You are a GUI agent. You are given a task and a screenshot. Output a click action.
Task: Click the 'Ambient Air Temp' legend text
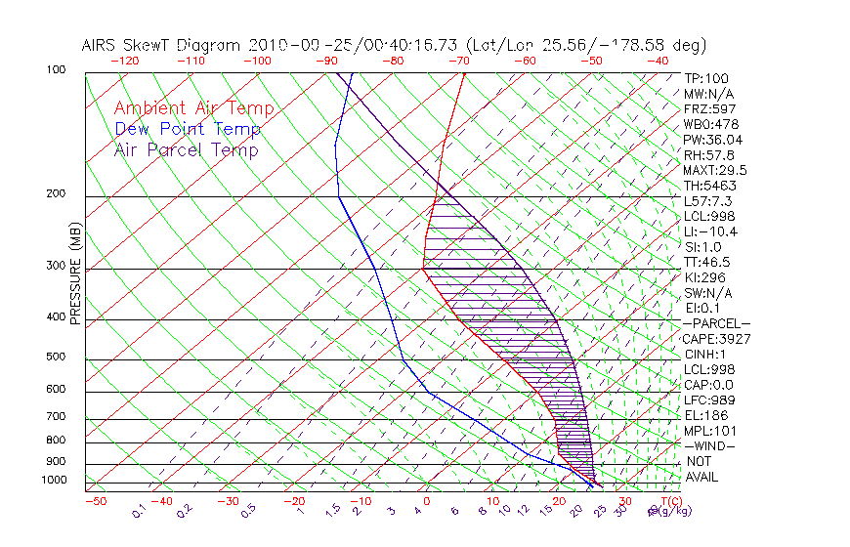(x=193, y=108)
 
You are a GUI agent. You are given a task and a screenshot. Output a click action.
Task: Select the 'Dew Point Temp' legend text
(x=188, y=129)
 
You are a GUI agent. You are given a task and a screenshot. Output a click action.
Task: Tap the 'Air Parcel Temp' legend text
(x=186, y=149)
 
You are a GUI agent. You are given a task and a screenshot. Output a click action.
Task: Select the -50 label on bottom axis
(x=95, y=501)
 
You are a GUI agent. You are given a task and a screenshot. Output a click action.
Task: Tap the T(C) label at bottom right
(x=673, y=501)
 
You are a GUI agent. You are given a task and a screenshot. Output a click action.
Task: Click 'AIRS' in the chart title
(x=102, y=45)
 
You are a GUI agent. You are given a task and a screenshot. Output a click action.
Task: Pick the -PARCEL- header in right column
(x=716, y=323)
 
